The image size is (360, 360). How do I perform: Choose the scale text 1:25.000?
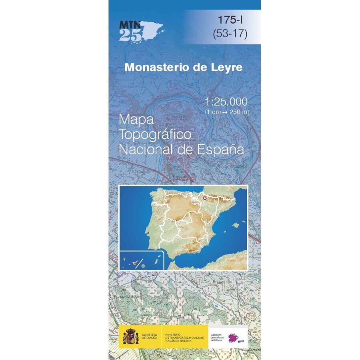point(226,102)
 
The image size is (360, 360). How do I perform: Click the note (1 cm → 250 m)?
point(226,112)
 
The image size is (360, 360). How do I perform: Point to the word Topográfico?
point(156,135)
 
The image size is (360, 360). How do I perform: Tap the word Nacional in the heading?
point(147,150)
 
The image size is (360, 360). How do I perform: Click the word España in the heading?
point(221,150)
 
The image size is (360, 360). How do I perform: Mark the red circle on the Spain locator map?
point(204,198)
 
